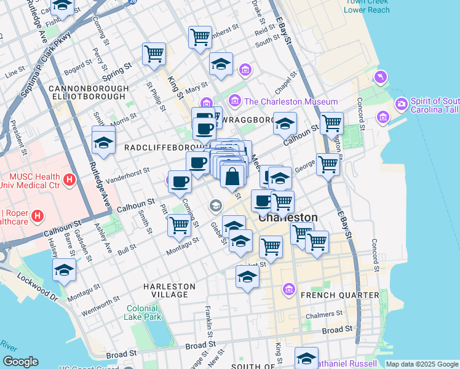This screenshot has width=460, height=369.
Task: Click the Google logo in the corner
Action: coord(20,362)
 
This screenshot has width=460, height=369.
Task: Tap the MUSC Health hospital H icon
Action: coord(69,180)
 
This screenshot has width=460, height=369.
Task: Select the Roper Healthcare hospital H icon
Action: coord(38,216)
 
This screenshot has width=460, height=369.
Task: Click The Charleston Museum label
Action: coord(291,101)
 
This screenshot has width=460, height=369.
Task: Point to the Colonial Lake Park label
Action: coord(143,313)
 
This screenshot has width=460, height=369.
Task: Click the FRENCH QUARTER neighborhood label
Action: coord(339,295)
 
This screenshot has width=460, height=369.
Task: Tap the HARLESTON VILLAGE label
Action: coord(170,290)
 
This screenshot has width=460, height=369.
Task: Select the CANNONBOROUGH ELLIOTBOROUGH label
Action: coord(89,93)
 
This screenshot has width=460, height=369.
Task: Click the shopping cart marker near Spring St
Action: coord(154,54)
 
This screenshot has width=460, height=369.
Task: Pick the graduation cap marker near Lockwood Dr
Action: coord(65,270)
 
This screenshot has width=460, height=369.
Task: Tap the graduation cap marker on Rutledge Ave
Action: coord(104,142)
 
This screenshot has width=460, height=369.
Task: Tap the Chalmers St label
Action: coord(323,317)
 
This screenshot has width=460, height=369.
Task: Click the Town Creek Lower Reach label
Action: coord(367,6)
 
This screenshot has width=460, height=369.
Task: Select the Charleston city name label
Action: coord(288,218)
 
